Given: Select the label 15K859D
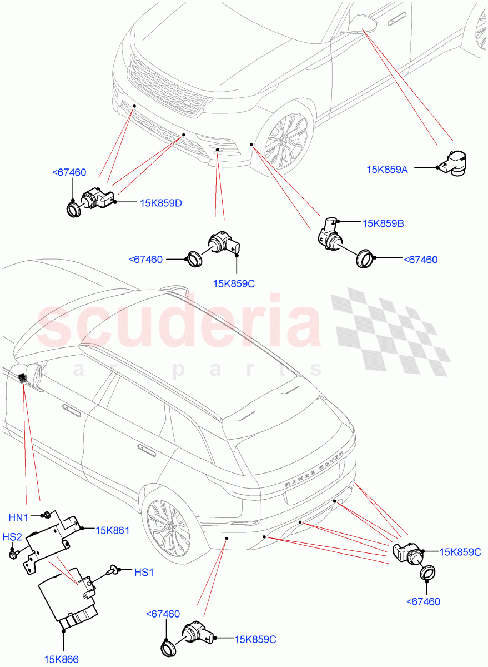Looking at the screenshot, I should click(161, 203).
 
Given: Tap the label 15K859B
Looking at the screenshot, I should click(383, 223).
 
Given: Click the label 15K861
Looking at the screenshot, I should click(112, 531).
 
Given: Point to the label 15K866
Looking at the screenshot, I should click(62, 659).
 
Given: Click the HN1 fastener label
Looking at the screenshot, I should click(19, 517).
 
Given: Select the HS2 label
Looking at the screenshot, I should click(12, 537).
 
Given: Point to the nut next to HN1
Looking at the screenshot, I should click(47, 514).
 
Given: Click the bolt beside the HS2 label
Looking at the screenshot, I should click(13, 554).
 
